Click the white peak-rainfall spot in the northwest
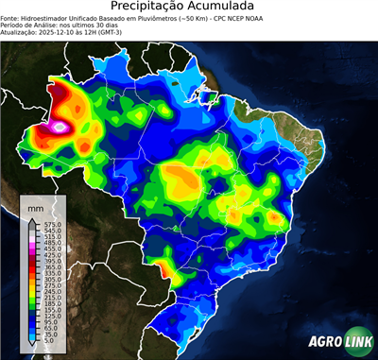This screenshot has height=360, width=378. point(61,125)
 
